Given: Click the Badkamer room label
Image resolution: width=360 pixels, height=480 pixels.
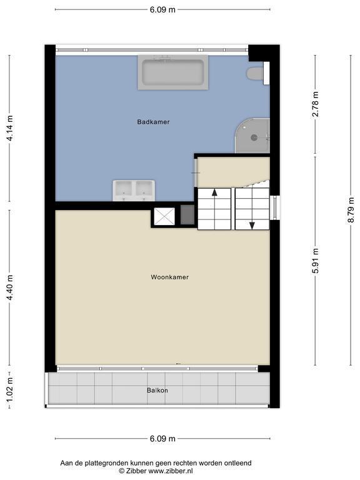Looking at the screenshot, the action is (x=153, y=122).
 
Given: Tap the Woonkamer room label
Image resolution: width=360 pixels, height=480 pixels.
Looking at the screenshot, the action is (x=169, y=277).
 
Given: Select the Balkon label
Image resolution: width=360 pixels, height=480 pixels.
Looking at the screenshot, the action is (x=157, y=390).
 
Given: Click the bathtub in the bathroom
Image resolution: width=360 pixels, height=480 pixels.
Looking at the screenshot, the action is (x=173, y=72).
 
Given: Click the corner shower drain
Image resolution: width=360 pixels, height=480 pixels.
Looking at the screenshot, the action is (x=254, y=137).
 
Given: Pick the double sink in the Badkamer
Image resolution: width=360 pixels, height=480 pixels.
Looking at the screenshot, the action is (x=134, y=191).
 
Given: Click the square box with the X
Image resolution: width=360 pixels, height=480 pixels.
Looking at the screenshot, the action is (x=164, y=216).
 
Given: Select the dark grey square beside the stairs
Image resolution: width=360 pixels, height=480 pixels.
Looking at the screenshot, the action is (x=187, y=215).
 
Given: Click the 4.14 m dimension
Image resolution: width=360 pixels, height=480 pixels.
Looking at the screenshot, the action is (x=9, y=128).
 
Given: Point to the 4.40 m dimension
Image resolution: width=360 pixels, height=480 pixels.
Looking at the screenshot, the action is (x=9, y=287).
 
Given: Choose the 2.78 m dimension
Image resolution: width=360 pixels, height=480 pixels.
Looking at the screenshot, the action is (x=315, y=104).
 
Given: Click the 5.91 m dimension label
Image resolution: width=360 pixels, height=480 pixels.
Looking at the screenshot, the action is (x=315, y=260).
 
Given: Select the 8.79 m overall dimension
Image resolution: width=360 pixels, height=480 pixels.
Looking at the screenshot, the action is (x=351, y=210).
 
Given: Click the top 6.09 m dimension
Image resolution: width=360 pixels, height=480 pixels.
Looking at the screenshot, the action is (x=162, y=9).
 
